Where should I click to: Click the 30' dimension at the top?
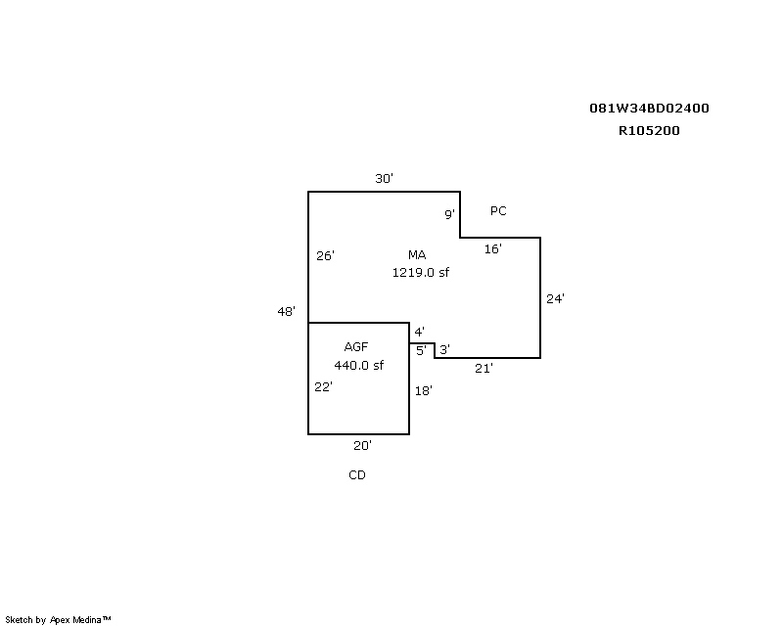click(384, 178)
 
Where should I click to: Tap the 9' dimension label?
click(449, 214)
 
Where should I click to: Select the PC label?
click(498, 211)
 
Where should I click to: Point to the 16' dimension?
click(493, 248)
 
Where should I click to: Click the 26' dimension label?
click(325, 255)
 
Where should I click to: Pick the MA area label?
click(417, 255)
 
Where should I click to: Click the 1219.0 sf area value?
click(421, 273)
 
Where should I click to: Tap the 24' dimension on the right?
click(555, 298)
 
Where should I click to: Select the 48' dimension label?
click(286, 311)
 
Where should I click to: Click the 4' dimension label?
click(420, 332)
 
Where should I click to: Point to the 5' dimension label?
click(422, 351)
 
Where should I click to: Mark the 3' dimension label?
click(445, 349)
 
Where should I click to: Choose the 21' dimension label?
click(484, 369)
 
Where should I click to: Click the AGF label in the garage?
click(356, 347)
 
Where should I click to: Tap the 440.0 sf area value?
click(358, 366)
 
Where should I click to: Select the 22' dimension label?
click(324, 387)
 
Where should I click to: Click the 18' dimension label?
click(424, 391)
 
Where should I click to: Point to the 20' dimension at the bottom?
click(362, 446)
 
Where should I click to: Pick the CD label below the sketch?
click(357, 475)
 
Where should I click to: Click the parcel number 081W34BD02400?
click(649, 109)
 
